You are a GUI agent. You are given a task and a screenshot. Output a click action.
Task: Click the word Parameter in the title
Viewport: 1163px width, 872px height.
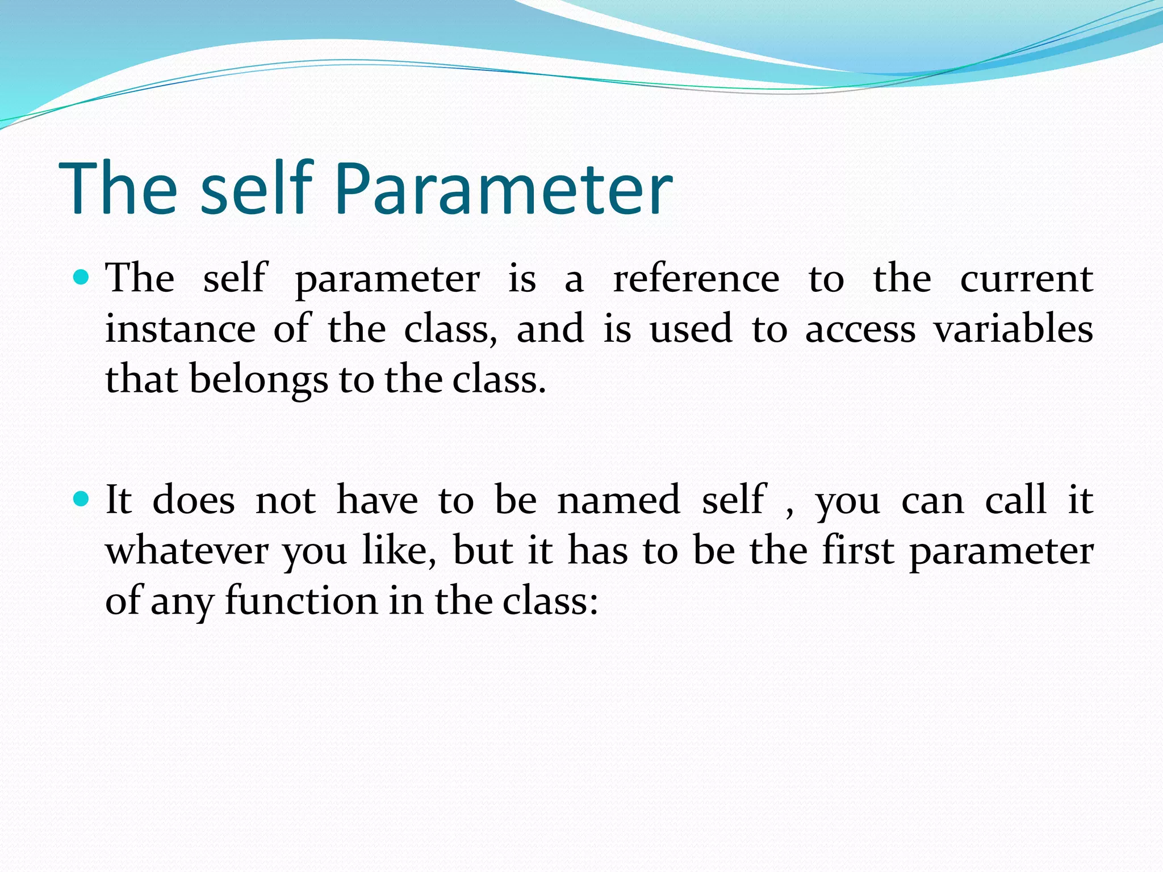503,189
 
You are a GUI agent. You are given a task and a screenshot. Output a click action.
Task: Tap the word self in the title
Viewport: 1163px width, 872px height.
257,189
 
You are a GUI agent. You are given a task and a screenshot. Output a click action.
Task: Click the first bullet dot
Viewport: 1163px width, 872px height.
82,278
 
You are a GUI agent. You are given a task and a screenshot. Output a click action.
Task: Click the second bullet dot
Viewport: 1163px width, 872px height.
82,499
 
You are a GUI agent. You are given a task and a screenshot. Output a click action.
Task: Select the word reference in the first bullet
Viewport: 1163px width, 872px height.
696,279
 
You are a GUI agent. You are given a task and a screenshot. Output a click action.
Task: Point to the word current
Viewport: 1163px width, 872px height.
1026,279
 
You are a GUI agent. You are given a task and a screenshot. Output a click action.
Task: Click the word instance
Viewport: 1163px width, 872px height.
181,329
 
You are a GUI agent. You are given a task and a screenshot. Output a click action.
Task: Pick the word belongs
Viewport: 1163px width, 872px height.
258,380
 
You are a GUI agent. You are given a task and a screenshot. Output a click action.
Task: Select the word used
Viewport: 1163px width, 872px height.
691,329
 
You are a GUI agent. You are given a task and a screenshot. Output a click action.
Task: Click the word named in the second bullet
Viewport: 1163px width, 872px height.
618,500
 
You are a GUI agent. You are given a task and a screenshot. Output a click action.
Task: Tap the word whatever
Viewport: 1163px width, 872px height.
187,551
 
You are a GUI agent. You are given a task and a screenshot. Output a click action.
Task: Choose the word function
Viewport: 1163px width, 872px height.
301,601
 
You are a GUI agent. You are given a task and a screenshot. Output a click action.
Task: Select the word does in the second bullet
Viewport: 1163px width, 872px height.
194,500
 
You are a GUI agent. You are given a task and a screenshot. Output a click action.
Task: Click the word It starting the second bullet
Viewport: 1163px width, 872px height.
119,500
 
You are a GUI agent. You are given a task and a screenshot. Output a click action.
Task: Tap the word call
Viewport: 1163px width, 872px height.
1015,500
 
